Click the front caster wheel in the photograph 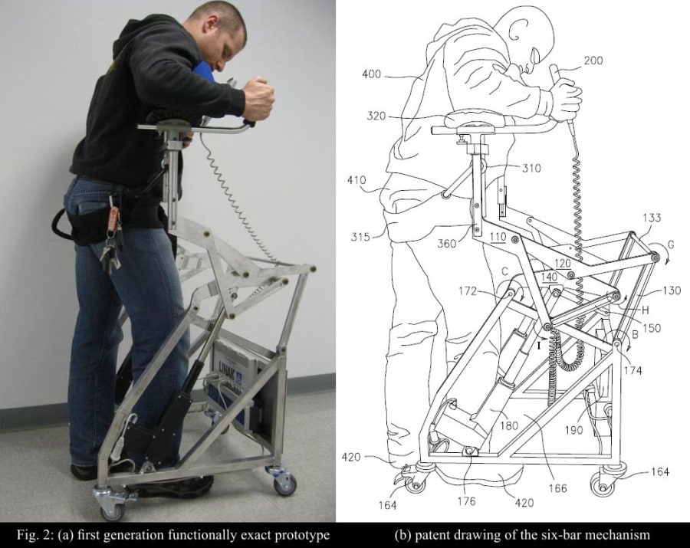(108, 507)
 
